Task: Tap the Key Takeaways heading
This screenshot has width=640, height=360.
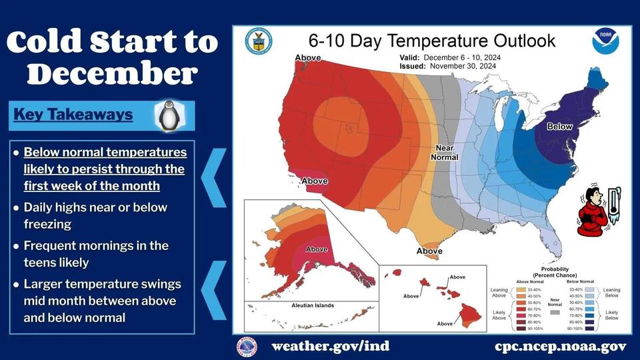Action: click(73, 115)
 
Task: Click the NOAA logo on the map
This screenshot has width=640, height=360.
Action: click(605, 42)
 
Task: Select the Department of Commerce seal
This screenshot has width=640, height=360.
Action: click(258, 41)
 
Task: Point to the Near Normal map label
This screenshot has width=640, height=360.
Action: click(445, 152)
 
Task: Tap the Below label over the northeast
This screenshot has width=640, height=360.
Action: click(559, 126)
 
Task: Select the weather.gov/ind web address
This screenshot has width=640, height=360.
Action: click(330, 347)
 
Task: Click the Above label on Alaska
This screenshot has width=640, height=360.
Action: click(317, 249)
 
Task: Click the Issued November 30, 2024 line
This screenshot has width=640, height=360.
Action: click(450, 67)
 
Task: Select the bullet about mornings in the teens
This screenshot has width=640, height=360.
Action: click(96, 254)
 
